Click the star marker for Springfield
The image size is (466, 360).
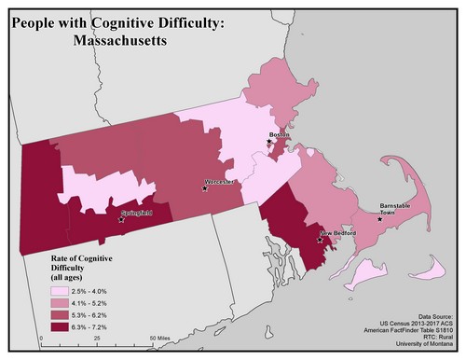point(121,220)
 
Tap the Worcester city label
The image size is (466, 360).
point(222,181)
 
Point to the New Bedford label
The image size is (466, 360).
point(339,233)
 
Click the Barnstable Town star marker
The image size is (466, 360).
point(379,219)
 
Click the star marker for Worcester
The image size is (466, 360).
point(205,188)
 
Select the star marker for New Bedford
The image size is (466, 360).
point(321,240)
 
